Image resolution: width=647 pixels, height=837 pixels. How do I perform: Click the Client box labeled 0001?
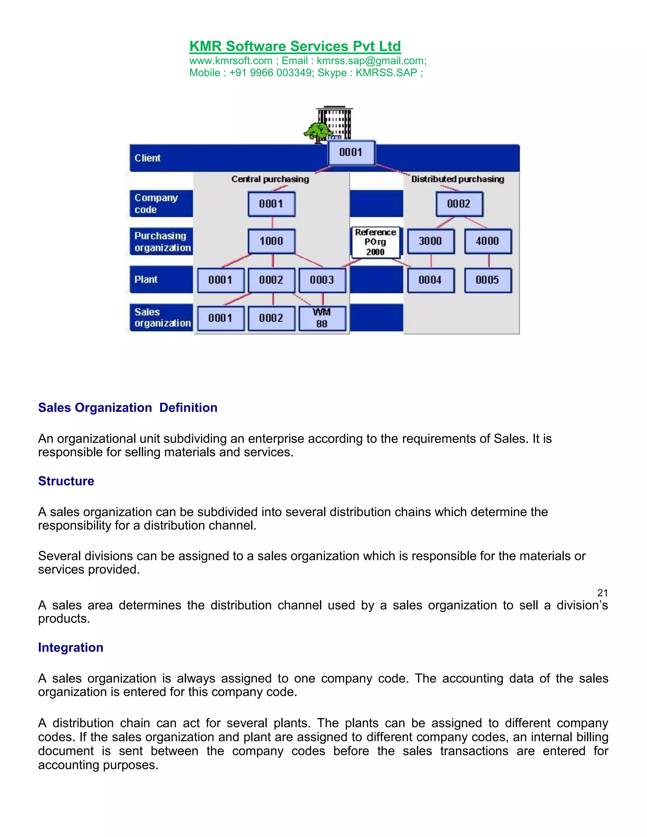point(351,153)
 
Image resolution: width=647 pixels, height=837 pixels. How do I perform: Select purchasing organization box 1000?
point(271,241)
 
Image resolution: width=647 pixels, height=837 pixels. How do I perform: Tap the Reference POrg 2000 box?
point(375,242)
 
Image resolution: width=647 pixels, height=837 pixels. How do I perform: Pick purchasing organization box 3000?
point(431,241)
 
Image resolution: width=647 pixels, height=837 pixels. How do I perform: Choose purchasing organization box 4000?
point(487,241)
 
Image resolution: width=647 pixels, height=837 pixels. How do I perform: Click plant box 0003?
point(322,280)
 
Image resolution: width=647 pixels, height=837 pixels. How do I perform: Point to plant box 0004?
point(431,280)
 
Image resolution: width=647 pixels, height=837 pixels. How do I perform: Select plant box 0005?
point(487,280)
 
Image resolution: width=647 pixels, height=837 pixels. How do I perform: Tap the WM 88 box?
point(322,318)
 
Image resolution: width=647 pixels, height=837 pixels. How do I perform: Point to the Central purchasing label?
point(270,179)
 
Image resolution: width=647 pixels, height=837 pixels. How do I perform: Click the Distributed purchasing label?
point(458,179)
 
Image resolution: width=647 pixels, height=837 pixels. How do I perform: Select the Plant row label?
point(146,280)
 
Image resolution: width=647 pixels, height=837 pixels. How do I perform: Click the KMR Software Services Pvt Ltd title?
point(295,46)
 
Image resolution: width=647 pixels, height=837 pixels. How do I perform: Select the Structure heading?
point(66,481)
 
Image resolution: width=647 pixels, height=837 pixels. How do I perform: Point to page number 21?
point(602,593)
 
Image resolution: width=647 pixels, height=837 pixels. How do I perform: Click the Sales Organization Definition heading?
point(128,407)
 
